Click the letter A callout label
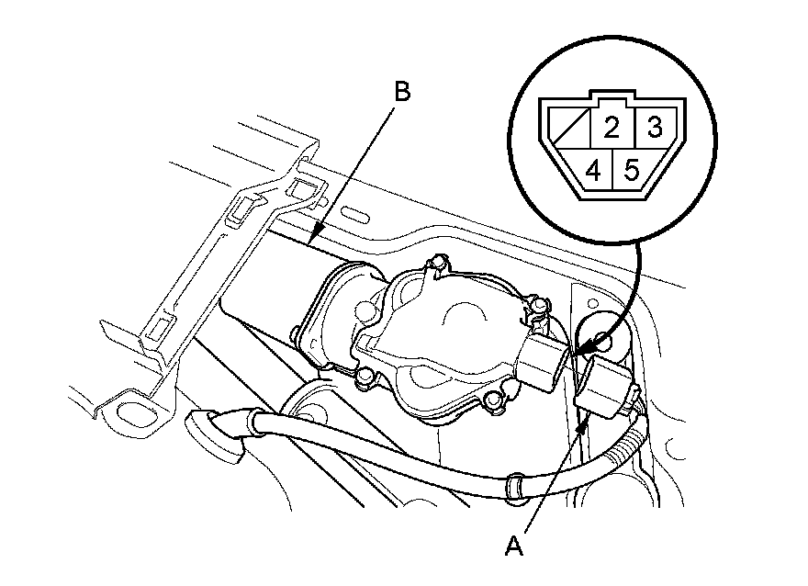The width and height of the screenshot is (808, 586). pos(514,547)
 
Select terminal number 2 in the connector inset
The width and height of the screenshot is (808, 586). pos(611,127)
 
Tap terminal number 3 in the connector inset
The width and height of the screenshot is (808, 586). pos(654,127)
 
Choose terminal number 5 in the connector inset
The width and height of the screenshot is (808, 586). pos(632,170)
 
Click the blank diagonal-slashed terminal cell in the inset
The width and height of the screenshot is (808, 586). pos(567,129)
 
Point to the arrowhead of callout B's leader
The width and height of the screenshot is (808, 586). pos(313,238)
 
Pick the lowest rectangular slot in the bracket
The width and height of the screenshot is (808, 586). pos(157,325)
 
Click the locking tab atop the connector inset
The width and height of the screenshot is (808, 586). pos(610,96)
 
